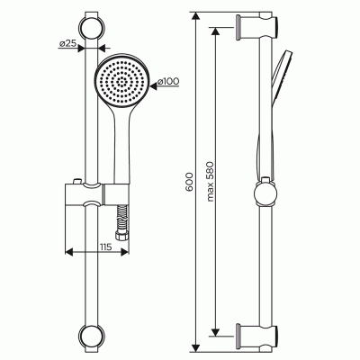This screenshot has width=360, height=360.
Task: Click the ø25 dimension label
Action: coord(67,44)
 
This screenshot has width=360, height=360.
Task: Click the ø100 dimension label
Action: coord(168,81)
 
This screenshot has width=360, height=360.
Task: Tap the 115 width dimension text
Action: coord(105,247)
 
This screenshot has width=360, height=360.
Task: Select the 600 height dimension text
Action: coord(189,182)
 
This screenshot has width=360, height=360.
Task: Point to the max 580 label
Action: coord(210,181)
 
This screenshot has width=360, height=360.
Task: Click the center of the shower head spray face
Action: coord(121,80)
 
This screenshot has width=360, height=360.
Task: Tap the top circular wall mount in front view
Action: coord(92,27)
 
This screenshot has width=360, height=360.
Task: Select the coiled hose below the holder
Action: coord(121,217)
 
